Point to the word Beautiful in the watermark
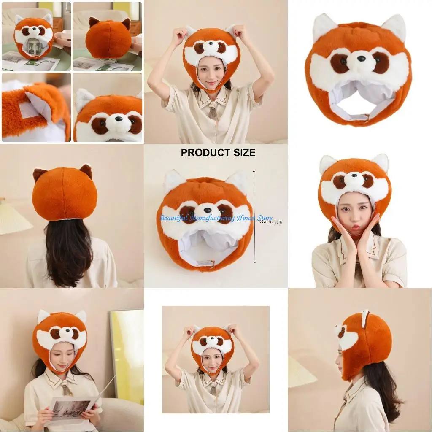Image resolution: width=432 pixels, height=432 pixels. [x=174, y=218]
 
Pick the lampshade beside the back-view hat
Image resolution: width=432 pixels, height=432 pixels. [x=13, y=218]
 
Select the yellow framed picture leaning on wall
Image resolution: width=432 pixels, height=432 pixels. [x=127, y=350]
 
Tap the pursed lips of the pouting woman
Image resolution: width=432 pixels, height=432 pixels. [x=356, y=227]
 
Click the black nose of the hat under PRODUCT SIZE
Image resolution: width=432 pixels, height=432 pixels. [x=206, y=208]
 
